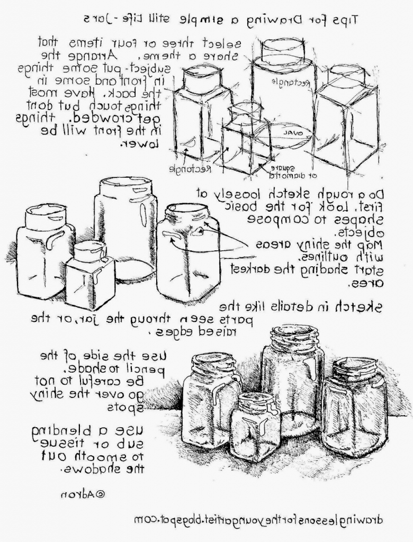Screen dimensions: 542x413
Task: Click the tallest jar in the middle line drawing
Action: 125,228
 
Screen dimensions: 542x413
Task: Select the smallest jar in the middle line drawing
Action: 89,275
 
